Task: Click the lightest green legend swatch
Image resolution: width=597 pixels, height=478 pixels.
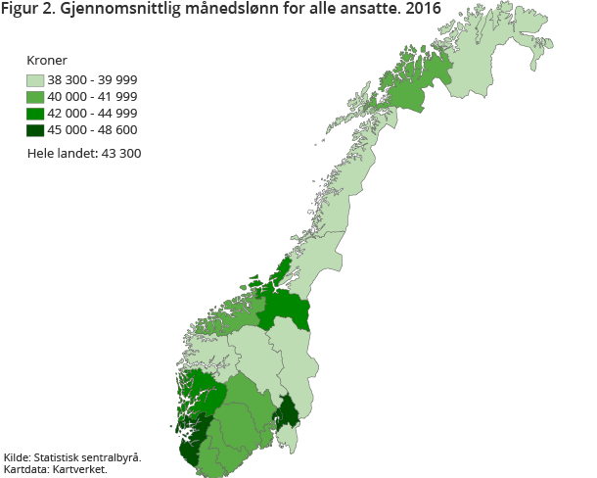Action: pos(36,80)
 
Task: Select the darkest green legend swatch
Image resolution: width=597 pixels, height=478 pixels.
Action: pos(36,130)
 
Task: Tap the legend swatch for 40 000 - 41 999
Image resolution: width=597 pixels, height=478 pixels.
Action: pos(36,97)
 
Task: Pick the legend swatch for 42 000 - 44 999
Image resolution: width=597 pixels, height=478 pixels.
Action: pos(36,114)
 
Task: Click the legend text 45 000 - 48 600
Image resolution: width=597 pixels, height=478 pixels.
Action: pos(92,130)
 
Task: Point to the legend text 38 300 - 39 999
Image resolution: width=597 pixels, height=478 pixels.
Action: pos(92,80)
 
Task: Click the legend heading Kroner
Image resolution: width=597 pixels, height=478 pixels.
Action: pos(47,61)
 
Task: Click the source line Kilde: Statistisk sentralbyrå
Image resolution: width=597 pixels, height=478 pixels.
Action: pos(72,457)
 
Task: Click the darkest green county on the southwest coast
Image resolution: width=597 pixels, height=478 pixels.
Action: pos(192,448)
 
